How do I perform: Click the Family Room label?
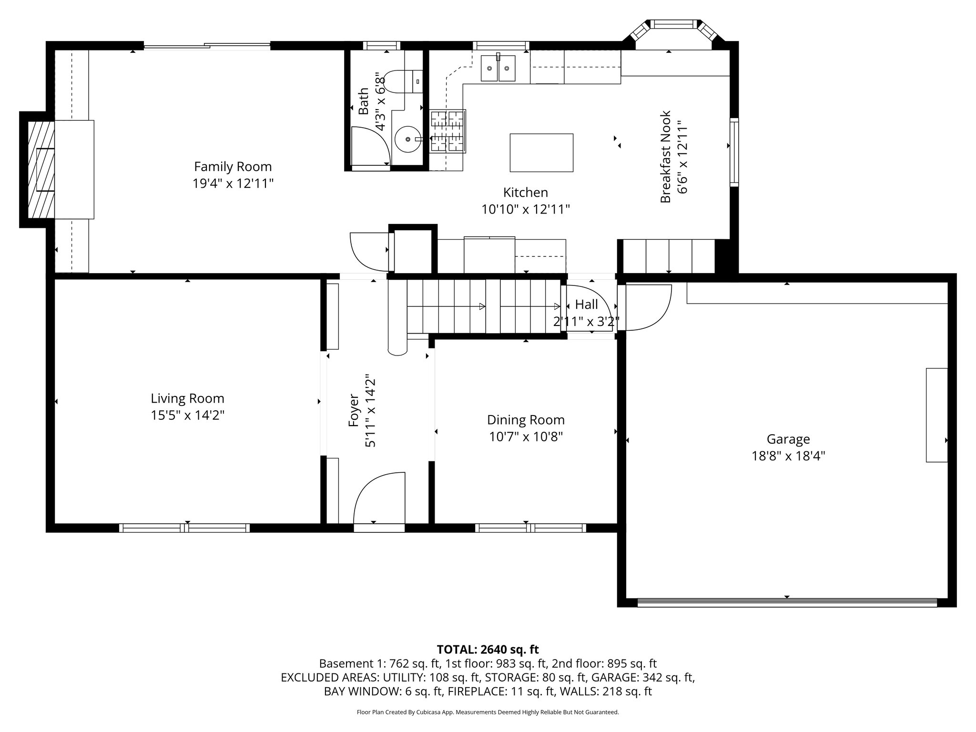pyautogui.click(x=233, y=167)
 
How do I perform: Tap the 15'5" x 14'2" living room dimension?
pyautogui.click(x=187, y=416)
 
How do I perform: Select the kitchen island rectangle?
pyautogui.click(x=541, y=152)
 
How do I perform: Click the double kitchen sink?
pyautogui.click(x=498, y=68)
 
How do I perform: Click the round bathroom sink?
pyautogui.click(x=408, y=139)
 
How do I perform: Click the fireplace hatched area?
pyautogui.click(x=41, y=170)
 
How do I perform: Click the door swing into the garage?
pyautogui.click(x=647, y=307)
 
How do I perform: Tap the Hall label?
pyautogui.click(x=586, y=305)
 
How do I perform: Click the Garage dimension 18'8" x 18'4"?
pyautogui.click(x=788, y=457)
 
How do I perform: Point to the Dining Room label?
pyautogui.click(x=526, y=420)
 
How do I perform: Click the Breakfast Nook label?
pyautogui.click(x=665, y=157)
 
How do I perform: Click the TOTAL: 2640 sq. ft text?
pyautogui.click(x=488, y=649)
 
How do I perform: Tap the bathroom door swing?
pyautogui.click(x=370, y=145)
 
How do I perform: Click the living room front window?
pyautogui.click(x=184, y=528)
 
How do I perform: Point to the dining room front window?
pyautogui.click(x=530, y=528)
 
